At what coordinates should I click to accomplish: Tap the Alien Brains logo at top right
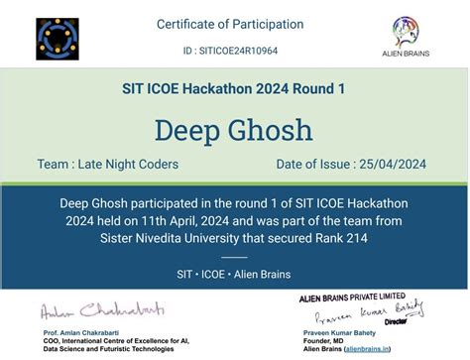coord(411,37)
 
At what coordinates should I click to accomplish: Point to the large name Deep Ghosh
coord(234,130)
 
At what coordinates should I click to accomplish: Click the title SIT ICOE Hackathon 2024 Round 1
coord(234,89)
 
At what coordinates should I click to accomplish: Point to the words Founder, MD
coord(316,340)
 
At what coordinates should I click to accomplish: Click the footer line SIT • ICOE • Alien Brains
coord(234,271)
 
